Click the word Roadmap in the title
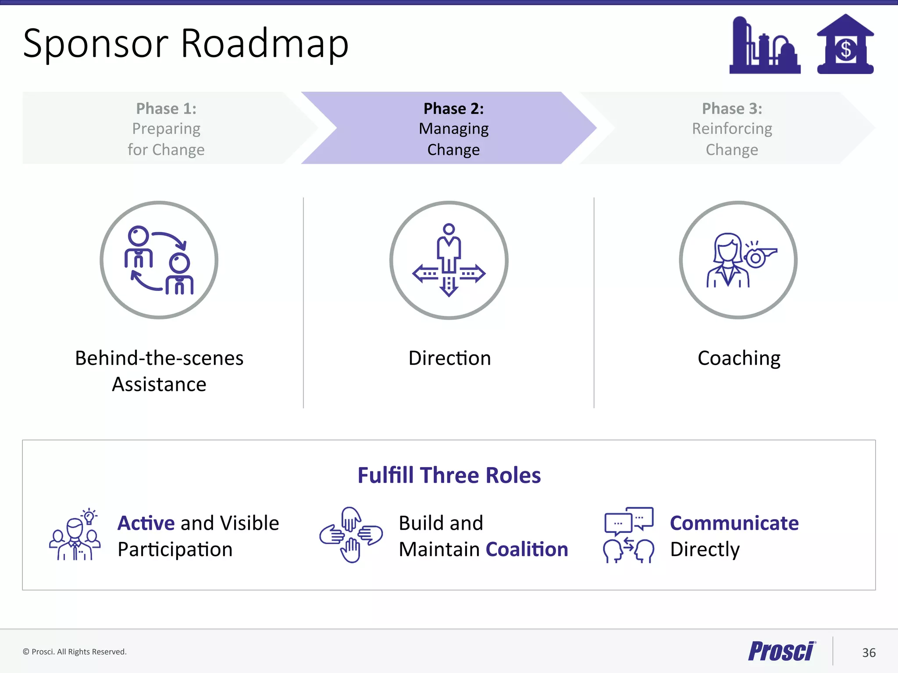click(x=264, y=44)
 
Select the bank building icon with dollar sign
click(x=845, y=45)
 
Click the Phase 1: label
click(x=166, y=109)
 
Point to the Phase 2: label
click(x=453, y=109)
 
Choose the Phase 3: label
click(x=732, y=109)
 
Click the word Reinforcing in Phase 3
click(x=732, y=129)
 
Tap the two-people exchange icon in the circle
click(x=159, y=260)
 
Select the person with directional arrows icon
click(x=449, y=260)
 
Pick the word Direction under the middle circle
click(x=449, y=358)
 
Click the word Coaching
click(x=739, y=358)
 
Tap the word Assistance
click(x=159, y=385)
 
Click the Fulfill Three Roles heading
click(x=449, y=475)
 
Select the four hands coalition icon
click(x=351, y=535)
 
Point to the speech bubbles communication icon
click(x=629, y=535)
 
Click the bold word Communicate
click(x=734, y=523)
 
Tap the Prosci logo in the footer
click(x=781, y=651)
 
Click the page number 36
click(x=869, y=653)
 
